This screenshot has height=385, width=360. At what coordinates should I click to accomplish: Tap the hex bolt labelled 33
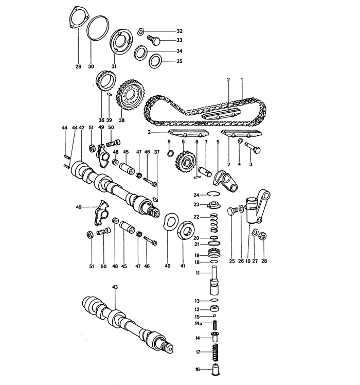(153, 40)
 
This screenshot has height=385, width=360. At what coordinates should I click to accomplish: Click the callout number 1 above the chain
(242, 80)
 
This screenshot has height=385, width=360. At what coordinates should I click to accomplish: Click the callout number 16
(197, 370)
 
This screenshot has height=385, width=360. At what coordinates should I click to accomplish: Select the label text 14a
(197, 323)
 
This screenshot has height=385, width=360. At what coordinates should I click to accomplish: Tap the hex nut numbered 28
(261, 236)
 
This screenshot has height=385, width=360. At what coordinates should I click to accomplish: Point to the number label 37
(156, 152)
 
